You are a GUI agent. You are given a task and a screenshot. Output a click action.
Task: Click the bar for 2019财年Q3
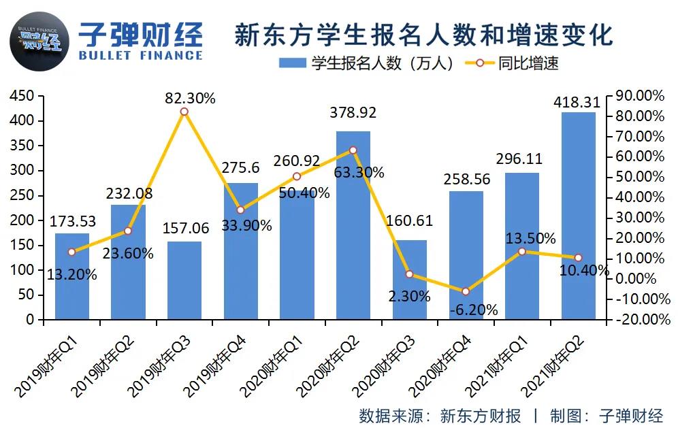pyautogui.click(x=184, y=280)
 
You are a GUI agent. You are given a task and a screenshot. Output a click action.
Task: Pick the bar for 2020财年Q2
pyautogui.click(x=353, y=225)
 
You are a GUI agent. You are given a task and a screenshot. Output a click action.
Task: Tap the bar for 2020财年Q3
pyautogui.click(x=409, y=280)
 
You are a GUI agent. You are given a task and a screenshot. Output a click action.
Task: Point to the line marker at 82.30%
pyautogui.click(x=184, y=112)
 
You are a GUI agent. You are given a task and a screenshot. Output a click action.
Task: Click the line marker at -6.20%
pyautogui.click(x=466, y=291)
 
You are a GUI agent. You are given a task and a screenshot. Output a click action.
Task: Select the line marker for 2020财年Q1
pyautogui.click(x=297, y=176)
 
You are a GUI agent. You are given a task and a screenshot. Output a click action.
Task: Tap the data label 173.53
pyautogui.click(x=72, y=222)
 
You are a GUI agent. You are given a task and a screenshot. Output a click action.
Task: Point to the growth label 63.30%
pyautogui.click(x=359, y=173)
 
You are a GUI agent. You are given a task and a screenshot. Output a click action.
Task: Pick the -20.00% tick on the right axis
pyautogui.click(x=639, y=320)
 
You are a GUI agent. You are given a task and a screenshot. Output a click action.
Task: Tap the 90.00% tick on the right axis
pyautogui.click(x=639, y=97)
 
